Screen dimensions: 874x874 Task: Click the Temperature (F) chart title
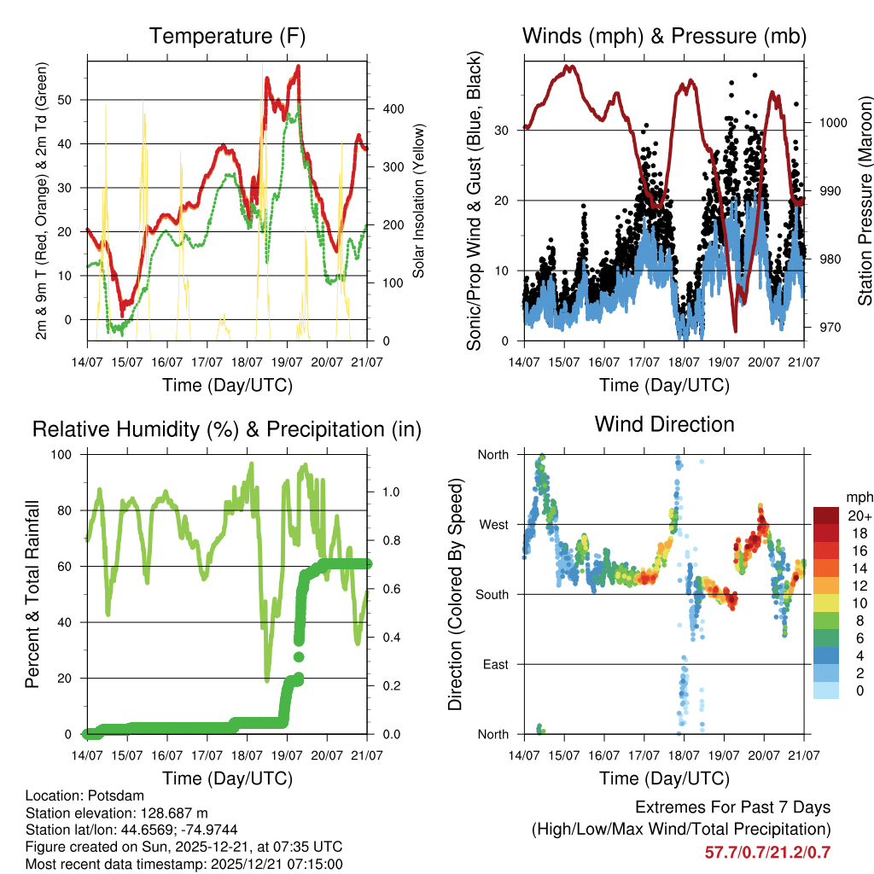[227, 37]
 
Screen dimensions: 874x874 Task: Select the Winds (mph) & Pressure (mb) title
[664, 37]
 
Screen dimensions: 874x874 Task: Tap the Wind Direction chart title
[664, 424]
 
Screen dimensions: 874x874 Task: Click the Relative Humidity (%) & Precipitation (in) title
[227, 429]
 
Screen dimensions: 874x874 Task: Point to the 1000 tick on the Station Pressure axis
[832, 123]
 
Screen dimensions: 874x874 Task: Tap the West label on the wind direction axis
[492, 524]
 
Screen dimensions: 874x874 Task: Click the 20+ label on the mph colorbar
[858, 516]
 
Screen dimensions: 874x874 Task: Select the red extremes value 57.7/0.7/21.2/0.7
[767, 853]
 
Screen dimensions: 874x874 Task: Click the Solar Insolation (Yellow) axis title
[419, 200]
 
